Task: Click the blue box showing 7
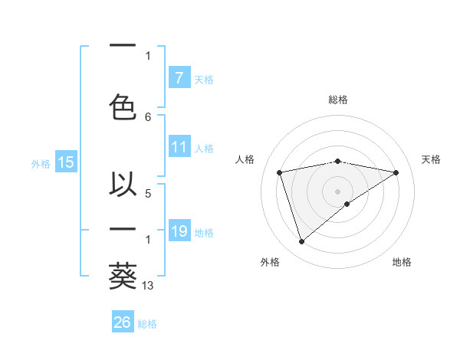179,78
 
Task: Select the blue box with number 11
179,148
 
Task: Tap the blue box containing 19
179,231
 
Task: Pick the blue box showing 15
66,162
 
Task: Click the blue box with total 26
123,322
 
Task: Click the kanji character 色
123,107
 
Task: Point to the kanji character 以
123,185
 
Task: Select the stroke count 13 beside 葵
149,285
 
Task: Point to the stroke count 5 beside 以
148,193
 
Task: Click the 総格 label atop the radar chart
338,100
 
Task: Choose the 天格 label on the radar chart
431,159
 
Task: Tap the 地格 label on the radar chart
402,262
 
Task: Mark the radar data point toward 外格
301,241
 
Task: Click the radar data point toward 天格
396,172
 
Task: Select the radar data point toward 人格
280,172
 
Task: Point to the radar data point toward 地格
347,203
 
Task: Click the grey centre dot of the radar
337,190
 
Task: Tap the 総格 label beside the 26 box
147,324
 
